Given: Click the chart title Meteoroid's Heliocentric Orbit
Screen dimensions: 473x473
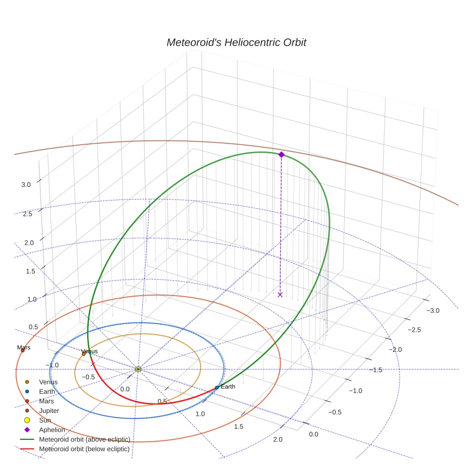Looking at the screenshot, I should [x=236, y=42].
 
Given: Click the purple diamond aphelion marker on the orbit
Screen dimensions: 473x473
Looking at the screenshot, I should [x=281, y=154].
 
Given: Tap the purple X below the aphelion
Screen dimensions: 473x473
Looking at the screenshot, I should [x=280, y=294].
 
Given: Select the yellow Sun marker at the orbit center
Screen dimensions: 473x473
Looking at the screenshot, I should [x=138, y=369].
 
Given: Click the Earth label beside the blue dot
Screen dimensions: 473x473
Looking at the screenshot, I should [x=228, y=386].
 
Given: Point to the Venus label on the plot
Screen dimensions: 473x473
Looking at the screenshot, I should [x=89, y=351].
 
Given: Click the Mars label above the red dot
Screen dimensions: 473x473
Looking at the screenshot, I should [x=24, y=347].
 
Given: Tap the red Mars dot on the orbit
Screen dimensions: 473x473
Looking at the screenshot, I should [x=23, y=350].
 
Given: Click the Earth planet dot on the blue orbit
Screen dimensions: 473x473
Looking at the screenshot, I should [x=217, y=387].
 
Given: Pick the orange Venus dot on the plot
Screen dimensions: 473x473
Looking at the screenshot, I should [x=84, y=354].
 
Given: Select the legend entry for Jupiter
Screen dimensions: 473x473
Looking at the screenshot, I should [x=49, y=411].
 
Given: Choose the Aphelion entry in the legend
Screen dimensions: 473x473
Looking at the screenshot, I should [x=52, y=430].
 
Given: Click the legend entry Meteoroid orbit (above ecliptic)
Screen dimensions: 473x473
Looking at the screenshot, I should [x=84, y=439].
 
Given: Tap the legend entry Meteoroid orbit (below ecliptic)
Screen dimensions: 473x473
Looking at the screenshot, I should [x=84, y=449].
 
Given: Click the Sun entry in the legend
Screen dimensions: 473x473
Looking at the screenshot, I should [x=45, y=420].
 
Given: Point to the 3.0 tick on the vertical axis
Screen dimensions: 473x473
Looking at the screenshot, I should [x=26, y=185].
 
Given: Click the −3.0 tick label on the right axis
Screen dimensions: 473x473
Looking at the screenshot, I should [x=433, y=311].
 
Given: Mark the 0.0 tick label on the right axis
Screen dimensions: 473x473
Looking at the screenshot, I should [x=313, y=434].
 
